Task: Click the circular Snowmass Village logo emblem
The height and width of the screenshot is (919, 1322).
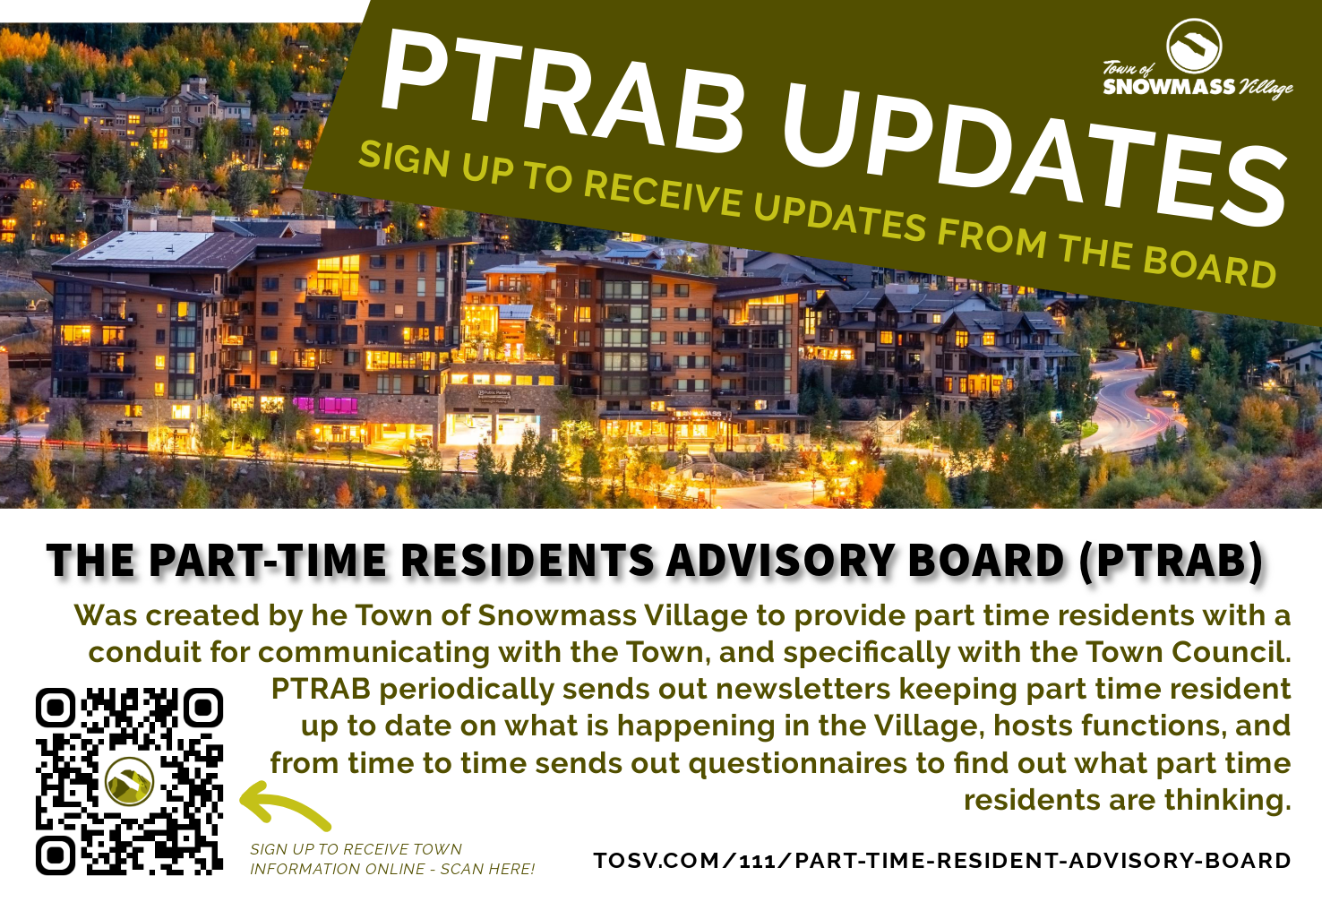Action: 1194,47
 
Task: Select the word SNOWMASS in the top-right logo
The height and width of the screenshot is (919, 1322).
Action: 1169,87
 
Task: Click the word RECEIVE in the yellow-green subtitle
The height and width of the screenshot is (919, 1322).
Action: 663,194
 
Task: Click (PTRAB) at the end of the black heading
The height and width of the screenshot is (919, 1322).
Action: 1172,561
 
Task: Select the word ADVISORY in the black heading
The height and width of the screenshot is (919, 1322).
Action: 780,561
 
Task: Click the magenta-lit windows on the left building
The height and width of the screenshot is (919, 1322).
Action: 326,405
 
